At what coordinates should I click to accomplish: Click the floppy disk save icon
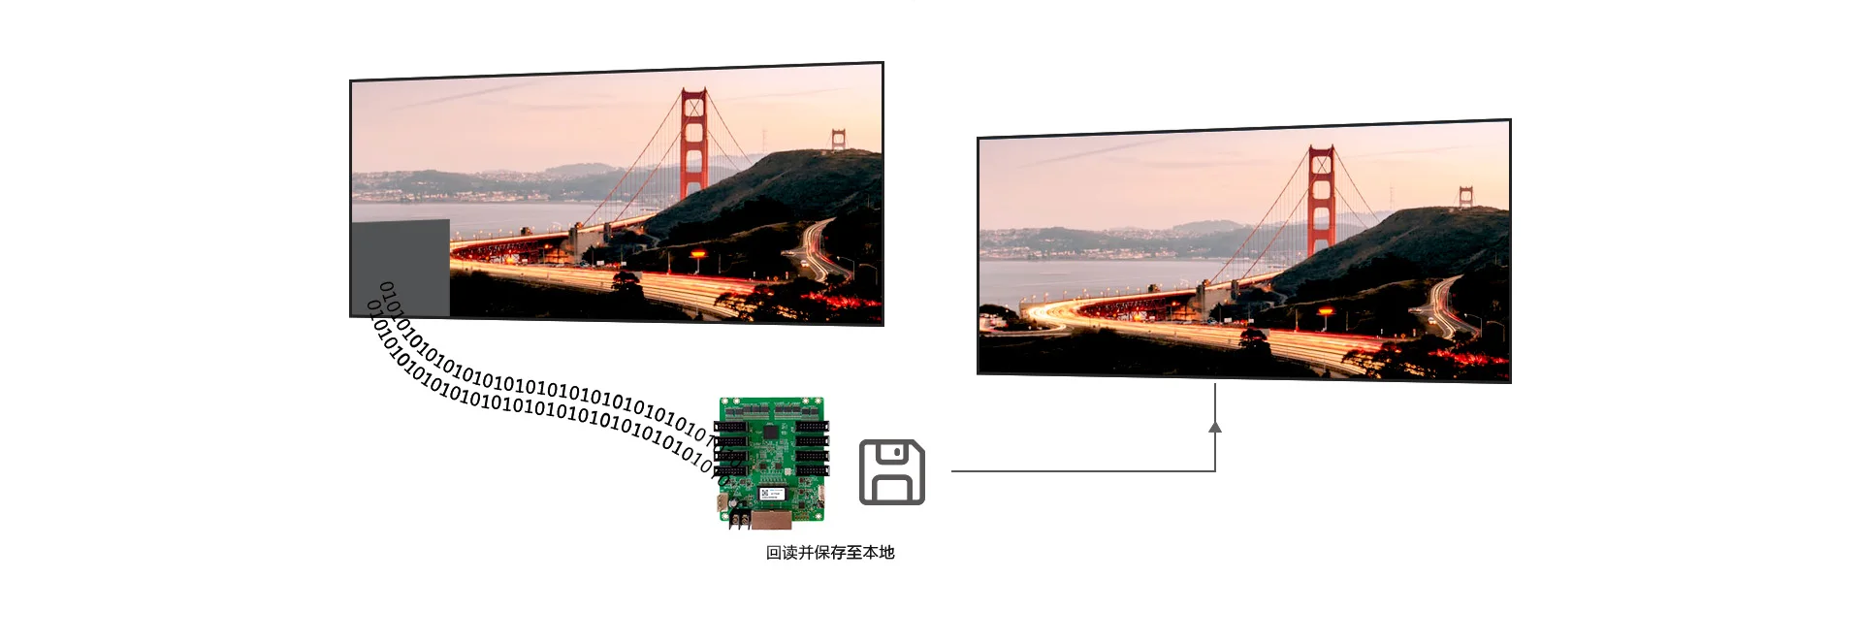[892, 472]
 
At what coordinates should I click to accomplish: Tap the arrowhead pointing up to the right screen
[1215, 426]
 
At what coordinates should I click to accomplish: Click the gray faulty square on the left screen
[400, 269]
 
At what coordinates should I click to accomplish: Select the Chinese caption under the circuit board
[830, 553]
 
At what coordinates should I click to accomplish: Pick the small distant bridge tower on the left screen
[838, 140]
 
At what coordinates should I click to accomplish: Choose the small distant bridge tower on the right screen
[1465, 197]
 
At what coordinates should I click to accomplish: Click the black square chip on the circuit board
[771, 431]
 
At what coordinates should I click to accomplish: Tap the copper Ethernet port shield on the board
[772, 520]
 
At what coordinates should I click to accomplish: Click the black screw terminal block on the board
[740, 520]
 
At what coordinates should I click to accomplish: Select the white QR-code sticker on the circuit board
[770, 492]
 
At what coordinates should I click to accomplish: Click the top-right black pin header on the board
[812, 426]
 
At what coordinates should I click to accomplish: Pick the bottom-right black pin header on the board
[812, 470]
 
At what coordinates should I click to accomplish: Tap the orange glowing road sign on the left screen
[698, 255]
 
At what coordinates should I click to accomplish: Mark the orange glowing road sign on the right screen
[1326, 312]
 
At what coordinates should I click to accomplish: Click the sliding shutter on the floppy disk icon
[893, 453]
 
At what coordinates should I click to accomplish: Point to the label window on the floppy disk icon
[893, 489]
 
